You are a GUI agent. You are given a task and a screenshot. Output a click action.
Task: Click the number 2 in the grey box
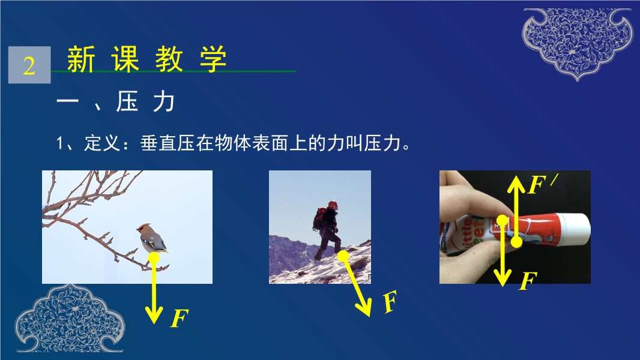click(x=29, y=65)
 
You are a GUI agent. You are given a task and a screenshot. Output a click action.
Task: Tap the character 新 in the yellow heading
click(x=81, y=59)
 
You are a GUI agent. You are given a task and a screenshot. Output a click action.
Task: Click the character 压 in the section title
click(x=127, y=101)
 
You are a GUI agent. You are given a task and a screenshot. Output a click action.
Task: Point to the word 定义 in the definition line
click(x=103, y=143)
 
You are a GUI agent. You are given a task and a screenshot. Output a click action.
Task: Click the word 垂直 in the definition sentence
click(x=158, y=143)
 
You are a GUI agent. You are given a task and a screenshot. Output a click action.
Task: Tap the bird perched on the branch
click(x=152, y=239)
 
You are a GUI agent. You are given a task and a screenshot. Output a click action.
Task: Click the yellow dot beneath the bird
click(x=154, y=257)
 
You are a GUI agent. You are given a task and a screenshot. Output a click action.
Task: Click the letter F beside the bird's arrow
click(x=179, y=319)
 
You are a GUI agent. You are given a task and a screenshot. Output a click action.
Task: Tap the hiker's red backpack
click(x=319, y=218)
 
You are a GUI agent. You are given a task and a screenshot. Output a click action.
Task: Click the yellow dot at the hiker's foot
click(x=343, y=256)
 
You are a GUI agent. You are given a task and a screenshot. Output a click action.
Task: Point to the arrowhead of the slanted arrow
click(x=364, y=308)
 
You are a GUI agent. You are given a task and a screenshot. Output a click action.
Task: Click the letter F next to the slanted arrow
click(x=390, y=302)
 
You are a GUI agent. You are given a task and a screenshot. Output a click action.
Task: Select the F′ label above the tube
click(x=542, y=184)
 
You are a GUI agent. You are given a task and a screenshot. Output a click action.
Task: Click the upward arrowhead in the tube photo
click(x=516, y=184)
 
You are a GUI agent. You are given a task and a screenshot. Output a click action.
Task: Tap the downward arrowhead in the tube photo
click(x=503, y=278)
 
